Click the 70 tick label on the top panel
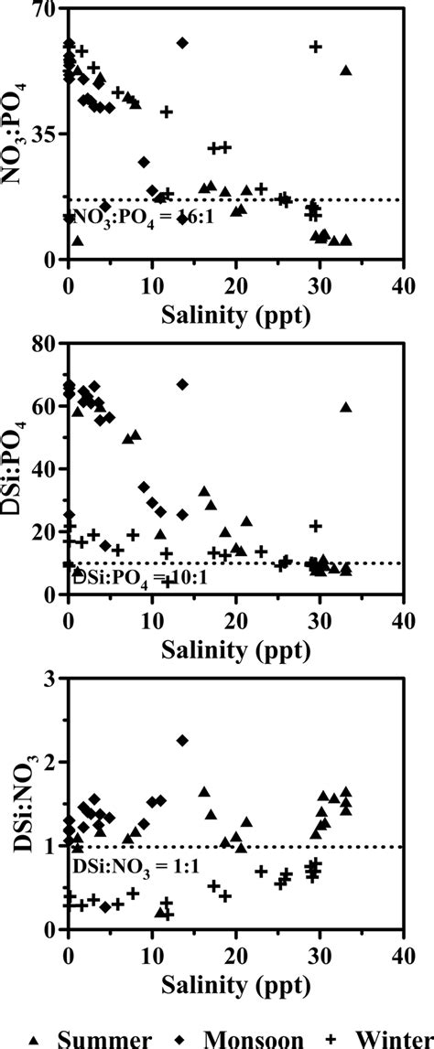[44, 10]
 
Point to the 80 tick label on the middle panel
[44, 345]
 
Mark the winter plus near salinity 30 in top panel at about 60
[317, 47]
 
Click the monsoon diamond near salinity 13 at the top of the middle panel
[182, 384]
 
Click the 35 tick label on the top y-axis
[44, 134]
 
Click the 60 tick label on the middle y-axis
[44, 407]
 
